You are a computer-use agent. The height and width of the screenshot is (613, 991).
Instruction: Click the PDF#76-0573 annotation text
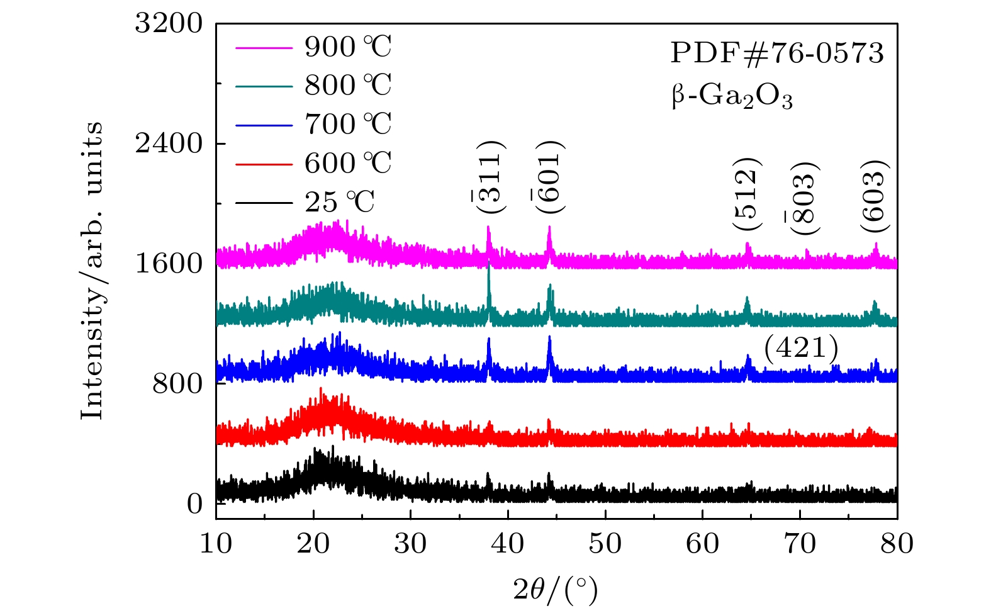coord(777,53)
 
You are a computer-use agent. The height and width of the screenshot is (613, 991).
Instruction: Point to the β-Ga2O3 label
coord(732,97)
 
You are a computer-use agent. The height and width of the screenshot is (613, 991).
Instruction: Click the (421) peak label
coord(801,348)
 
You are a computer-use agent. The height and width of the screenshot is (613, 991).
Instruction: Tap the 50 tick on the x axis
coord(605,543)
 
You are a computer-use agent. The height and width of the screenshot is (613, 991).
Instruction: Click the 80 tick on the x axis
coord(897,543)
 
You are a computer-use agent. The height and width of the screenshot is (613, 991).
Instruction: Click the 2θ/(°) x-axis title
coord(556,590)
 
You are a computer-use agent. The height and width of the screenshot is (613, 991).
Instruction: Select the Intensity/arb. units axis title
coord(92,271)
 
